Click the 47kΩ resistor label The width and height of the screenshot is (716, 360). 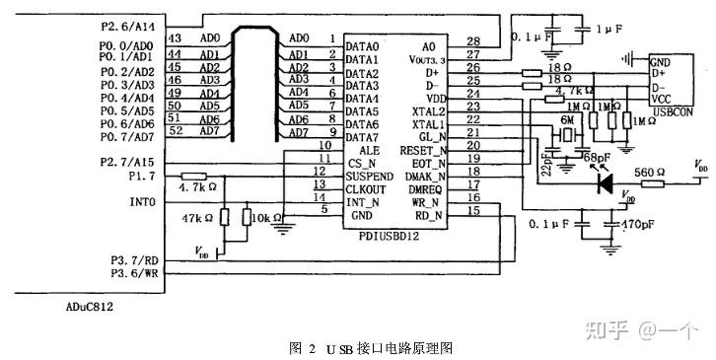pos(193,216)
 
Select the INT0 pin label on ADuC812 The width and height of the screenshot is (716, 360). pos(142,202)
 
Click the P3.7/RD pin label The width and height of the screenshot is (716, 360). pos(132,259)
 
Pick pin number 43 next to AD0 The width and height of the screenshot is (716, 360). pos(175,38)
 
